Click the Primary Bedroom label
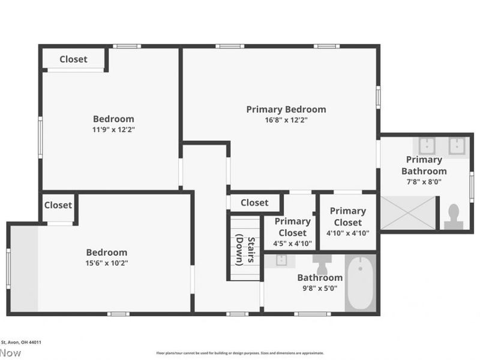click(x=286, y=109)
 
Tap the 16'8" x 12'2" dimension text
click(x=286, y=120)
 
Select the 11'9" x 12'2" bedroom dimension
click(x=113, y=129)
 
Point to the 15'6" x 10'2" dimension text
click(x=107, y=263)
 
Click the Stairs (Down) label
click(x=244, y=248)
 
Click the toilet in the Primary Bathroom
click(x=454, y=216)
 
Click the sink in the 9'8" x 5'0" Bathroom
click(x=280, y=260)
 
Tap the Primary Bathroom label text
click(x=424, y=165)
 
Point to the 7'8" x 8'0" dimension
click(x=424, y=182)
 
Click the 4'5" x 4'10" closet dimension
click(x=292, y=244)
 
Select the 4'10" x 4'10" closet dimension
click(x=347, y=233)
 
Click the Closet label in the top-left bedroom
click(x=73, y=59)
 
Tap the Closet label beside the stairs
click(x=254, y=203)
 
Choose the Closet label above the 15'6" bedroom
click(x=58, y=205)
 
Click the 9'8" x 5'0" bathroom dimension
click(x=320, y=288)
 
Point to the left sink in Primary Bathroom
click(x=427, y=146)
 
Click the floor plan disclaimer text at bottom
click(x=240, y=353)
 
